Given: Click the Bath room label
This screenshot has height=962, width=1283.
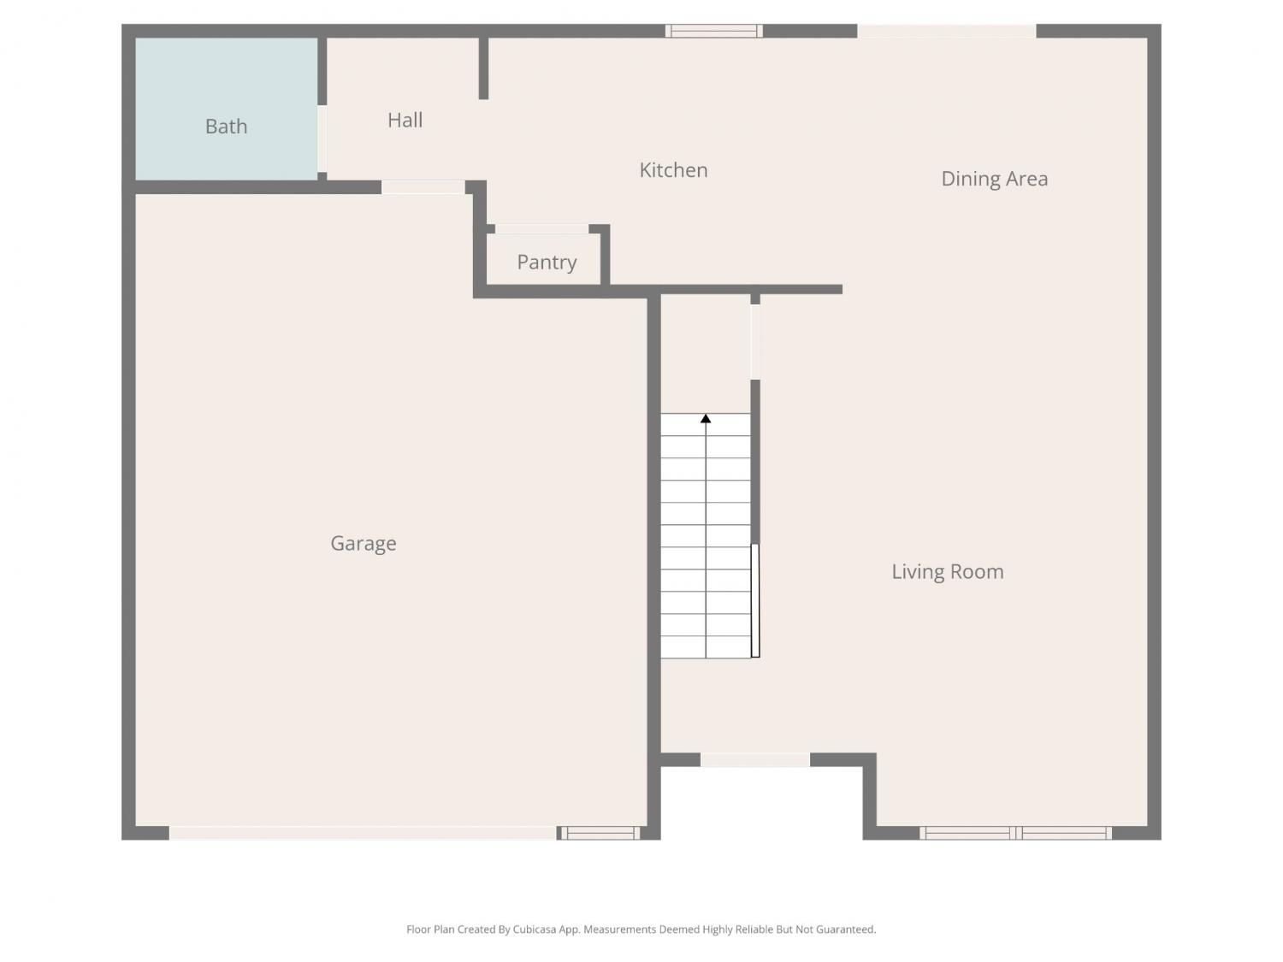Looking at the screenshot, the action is (226, 127).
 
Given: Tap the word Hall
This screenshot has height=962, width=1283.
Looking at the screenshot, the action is (405, 120).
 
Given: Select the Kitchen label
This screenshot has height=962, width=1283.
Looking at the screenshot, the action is (673, 170).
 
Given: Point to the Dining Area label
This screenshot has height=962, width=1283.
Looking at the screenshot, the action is (994, 179).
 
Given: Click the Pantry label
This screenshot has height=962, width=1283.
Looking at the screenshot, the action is (547, 263).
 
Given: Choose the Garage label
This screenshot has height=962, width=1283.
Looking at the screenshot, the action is (363, 544).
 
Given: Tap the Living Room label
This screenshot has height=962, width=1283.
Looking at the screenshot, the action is (948, 571).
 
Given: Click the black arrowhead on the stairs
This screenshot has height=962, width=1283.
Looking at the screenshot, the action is (706, 418).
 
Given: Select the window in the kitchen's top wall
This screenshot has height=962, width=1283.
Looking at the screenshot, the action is (713, 31).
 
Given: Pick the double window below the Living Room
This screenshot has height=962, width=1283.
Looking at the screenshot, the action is (1016, 833).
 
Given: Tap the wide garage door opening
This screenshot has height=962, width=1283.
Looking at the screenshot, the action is (363, 833).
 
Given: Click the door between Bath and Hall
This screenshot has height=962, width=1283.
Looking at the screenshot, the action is (322, 139).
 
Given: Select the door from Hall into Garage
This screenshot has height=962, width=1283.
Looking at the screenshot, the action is (423, 187).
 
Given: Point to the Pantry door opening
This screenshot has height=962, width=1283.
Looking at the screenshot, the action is (541, 229).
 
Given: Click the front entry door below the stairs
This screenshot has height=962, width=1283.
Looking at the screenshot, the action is (755, 760).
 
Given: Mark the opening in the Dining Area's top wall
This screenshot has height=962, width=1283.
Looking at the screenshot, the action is (947, 31).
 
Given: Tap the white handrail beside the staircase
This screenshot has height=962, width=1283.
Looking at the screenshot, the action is (755, 600).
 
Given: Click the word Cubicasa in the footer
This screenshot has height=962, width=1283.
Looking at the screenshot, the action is (535, 930).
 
